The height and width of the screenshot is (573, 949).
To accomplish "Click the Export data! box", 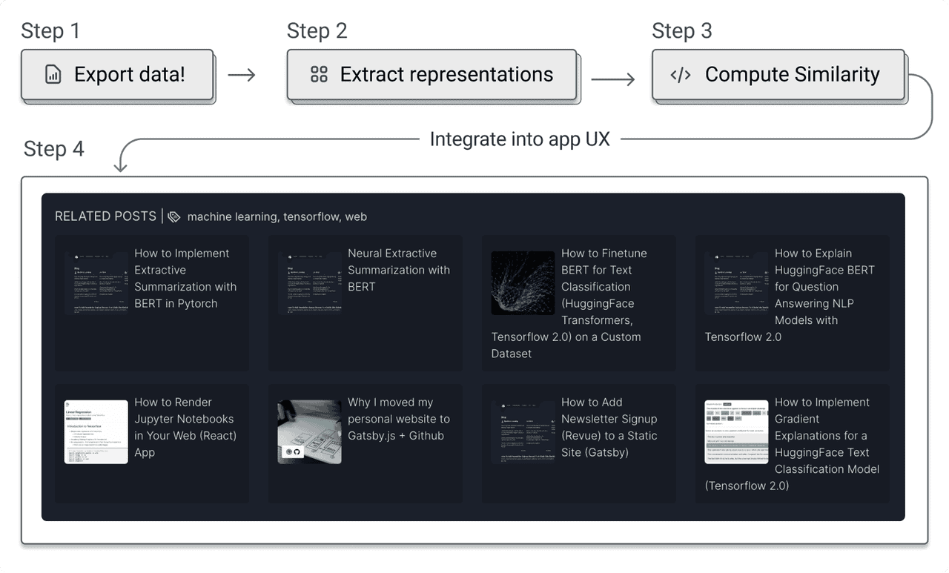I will pos(117,74).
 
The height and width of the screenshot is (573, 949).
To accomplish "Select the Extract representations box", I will pos(431,74).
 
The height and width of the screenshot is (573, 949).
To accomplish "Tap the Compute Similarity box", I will pos(778,74).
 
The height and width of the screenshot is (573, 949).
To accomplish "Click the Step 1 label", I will pos(50,31).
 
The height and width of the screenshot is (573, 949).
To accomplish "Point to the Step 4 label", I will pos(54,149).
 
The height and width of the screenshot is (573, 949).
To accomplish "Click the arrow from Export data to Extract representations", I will pos(242,75).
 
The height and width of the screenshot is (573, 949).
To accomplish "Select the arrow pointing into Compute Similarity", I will pos(613,79).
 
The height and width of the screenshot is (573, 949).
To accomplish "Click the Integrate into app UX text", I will pos(520,139).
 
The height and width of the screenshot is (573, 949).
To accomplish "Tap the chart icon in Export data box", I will pos(53,75).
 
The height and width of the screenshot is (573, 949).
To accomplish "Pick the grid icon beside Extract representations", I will pos(319,75).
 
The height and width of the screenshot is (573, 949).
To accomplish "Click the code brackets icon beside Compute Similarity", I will pos(681,75).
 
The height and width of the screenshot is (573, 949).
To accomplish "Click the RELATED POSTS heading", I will pos(105,216).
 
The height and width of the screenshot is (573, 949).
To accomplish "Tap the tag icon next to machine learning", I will pos(174,217).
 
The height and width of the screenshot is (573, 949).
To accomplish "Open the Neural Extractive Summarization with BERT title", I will pos(398,270).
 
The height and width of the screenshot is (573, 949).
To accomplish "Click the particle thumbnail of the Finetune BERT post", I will pos(523,283).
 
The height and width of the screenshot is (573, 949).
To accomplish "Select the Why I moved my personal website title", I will pos(398,419).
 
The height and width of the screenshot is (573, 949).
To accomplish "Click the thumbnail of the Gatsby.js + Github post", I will pos(309,432).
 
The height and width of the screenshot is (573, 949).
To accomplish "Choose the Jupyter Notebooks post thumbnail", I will pos(96,432).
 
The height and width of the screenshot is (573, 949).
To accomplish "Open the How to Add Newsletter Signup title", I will pos(609,427).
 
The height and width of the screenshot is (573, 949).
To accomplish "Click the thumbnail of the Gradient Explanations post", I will pos(736,432).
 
